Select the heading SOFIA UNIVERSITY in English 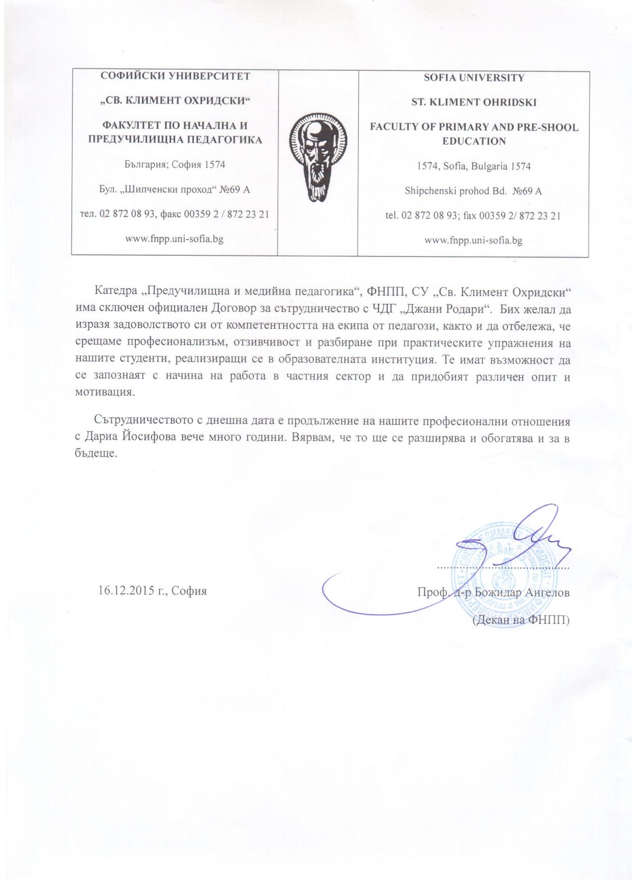(474, 78)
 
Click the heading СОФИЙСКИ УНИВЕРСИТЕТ (175, 76)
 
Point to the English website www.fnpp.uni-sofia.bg (473, 241)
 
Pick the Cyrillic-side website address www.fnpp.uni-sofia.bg (174, 239)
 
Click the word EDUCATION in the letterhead (474, 141)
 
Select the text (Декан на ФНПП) (521, 620)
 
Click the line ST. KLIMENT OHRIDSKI (474, 102)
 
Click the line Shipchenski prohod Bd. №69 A (473, 191)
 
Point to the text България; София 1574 (175, 164)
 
